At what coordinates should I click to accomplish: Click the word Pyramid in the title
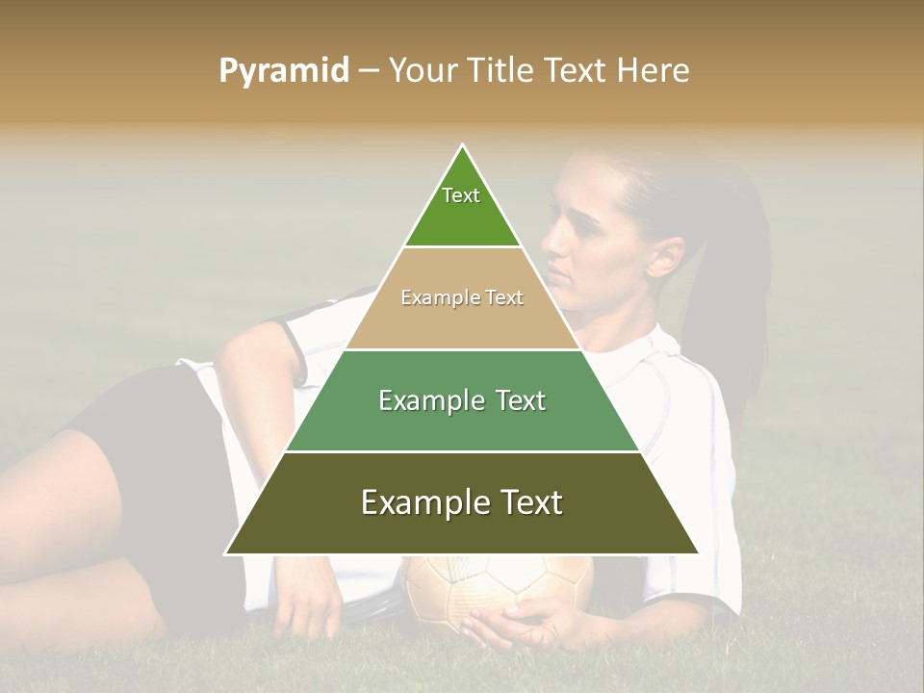[283, 70]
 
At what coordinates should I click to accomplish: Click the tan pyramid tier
[462, 322]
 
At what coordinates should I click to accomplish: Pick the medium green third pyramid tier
[462, 423]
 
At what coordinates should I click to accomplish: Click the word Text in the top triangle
[461, 195]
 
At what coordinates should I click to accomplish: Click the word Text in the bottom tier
[529, 502]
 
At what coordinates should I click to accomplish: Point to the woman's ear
[664, 255]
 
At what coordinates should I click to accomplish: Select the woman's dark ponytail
[736, 289]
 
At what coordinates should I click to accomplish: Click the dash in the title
[369, 70]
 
